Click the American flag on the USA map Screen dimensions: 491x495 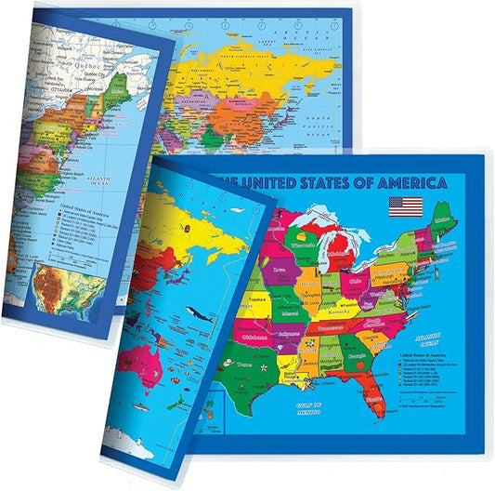pyautogui.click(x=406, y=206)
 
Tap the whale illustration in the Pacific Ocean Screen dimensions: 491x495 pyautogui.click(x=193, y=314)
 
